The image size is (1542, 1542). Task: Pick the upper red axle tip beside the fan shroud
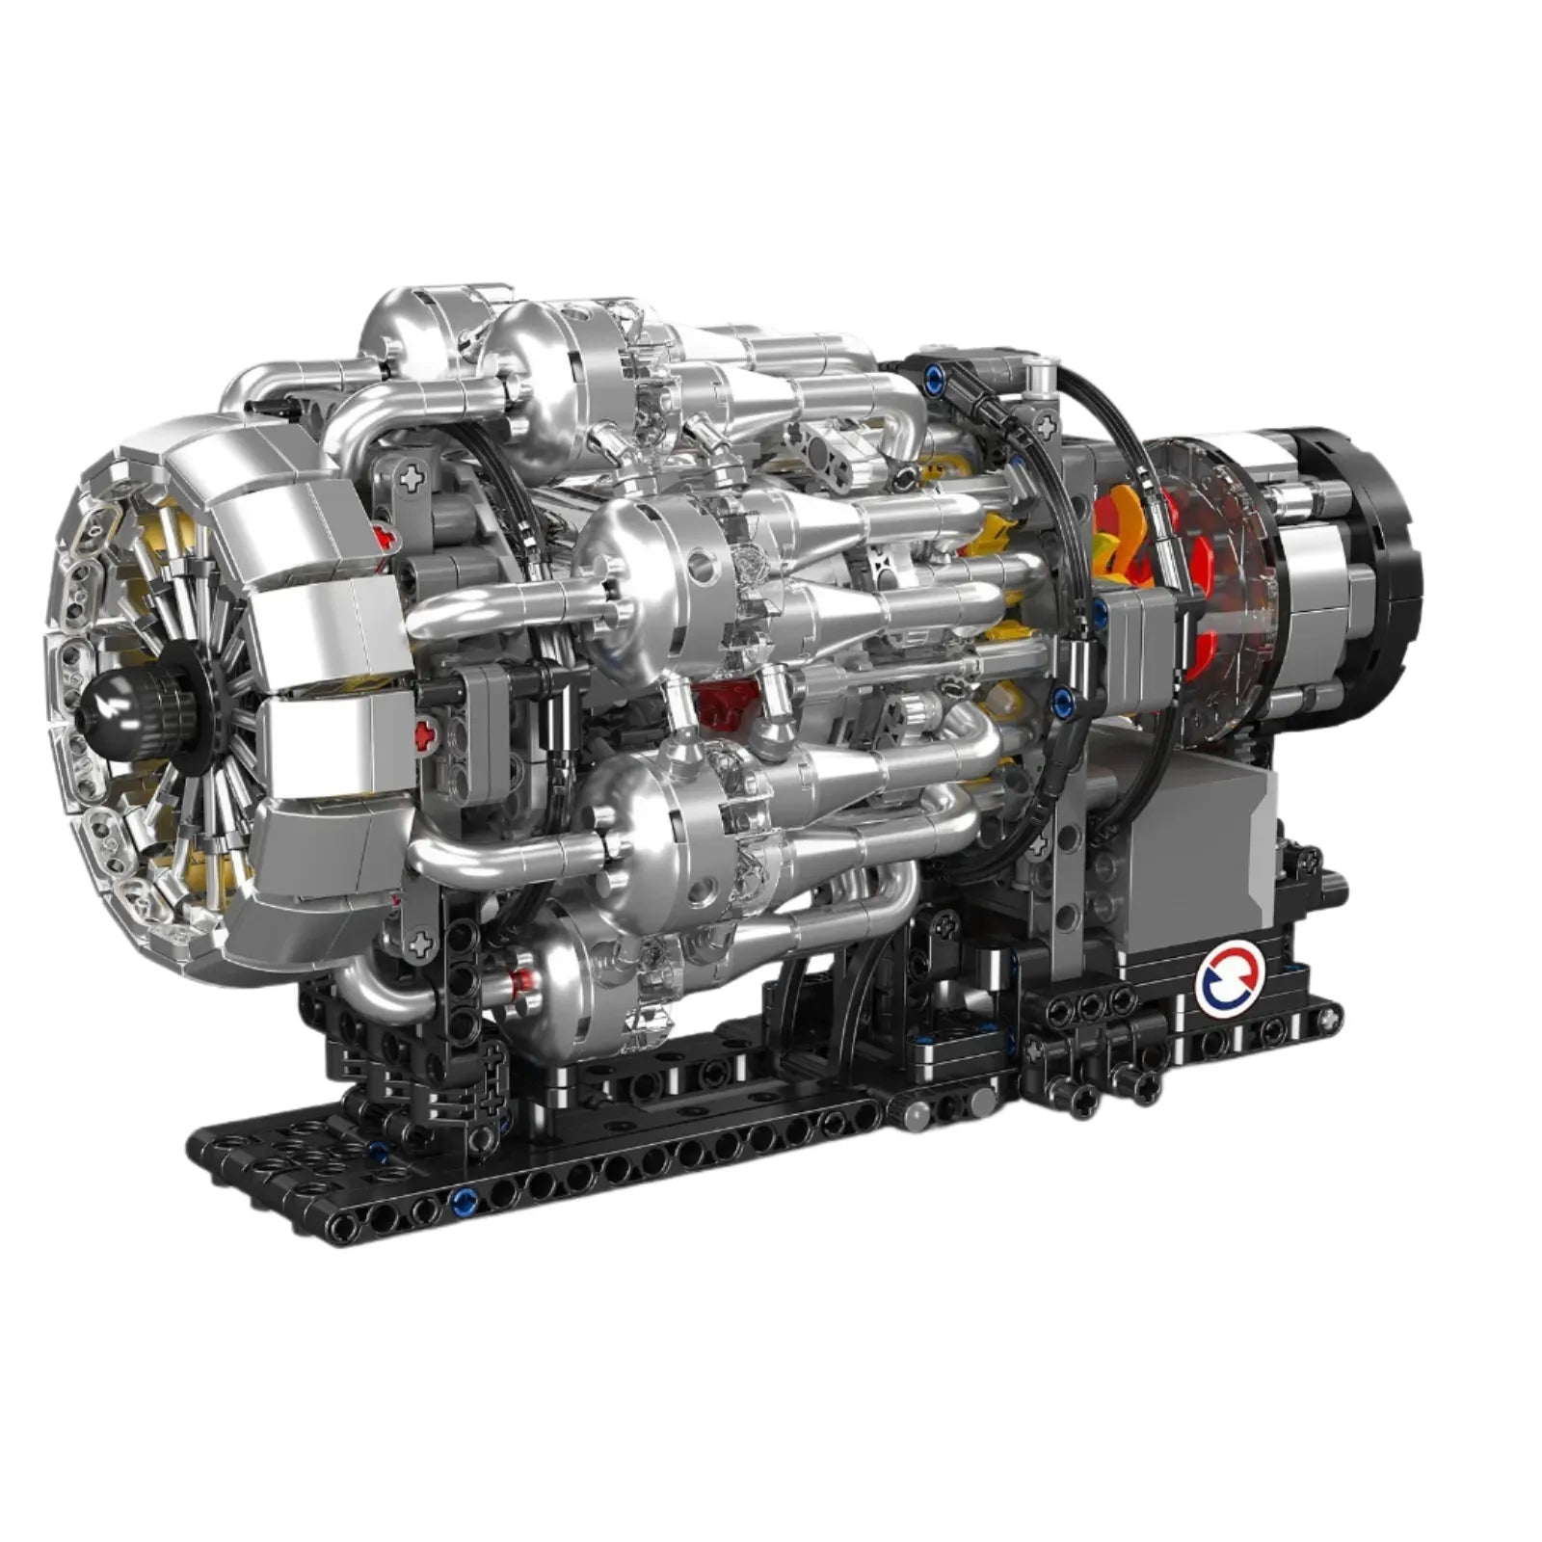pos(386,536)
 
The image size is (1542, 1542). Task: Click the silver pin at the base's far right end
pos(1335,880)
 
